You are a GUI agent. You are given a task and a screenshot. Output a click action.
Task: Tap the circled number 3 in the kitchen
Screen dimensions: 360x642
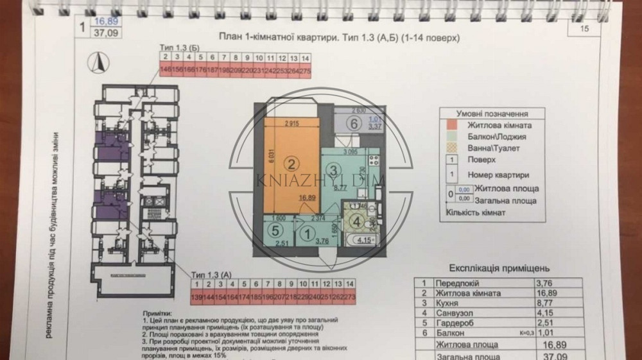334,170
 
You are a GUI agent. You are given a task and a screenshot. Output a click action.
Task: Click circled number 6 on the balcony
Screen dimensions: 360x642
352,123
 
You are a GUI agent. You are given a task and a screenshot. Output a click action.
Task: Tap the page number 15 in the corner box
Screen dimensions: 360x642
584,28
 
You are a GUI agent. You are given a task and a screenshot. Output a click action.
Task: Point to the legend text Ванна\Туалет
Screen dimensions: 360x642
494,148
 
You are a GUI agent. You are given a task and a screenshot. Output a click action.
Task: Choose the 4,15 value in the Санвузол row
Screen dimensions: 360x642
544,314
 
